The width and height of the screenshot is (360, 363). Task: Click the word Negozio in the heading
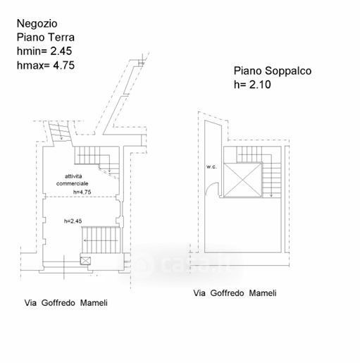[x=37, y=24]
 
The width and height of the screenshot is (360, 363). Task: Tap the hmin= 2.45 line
[x=44, y=51]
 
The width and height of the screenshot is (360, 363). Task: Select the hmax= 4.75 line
[x=46, y=66]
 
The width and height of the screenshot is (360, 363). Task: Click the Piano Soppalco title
[x=273, y=71]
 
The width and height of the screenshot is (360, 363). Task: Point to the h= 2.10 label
[x=252, y=85]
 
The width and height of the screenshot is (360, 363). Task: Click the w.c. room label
[x=211, y=167]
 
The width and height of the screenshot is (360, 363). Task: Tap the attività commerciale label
[x=73, y=180]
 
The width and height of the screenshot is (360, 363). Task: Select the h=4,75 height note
[x=82, y=192]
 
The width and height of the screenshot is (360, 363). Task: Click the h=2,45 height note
[x=73, y=221]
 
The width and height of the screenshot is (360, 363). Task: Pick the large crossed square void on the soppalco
[x=242, y=180]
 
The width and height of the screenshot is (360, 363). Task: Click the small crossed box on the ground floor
[x=85, y=261]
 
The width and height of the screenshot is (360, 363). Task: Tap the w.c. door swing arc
[x=210, y=185]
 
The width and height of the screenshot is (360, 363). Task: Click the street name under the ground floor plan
[x=66, y=303]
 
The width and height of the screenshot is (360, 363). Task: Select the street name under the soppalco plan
[x=235, y=293]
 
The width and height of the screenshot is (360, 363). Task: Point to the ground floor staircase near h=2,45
[x=101, y=240]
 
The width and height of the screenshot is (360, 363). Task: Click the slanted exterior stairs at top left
[x=60, y=132]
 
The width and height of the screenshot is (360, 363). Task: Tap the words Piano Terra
[x=46, y=37]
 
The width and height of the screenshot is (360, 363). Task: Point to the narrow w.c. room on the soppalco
[x=213, y=159]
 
